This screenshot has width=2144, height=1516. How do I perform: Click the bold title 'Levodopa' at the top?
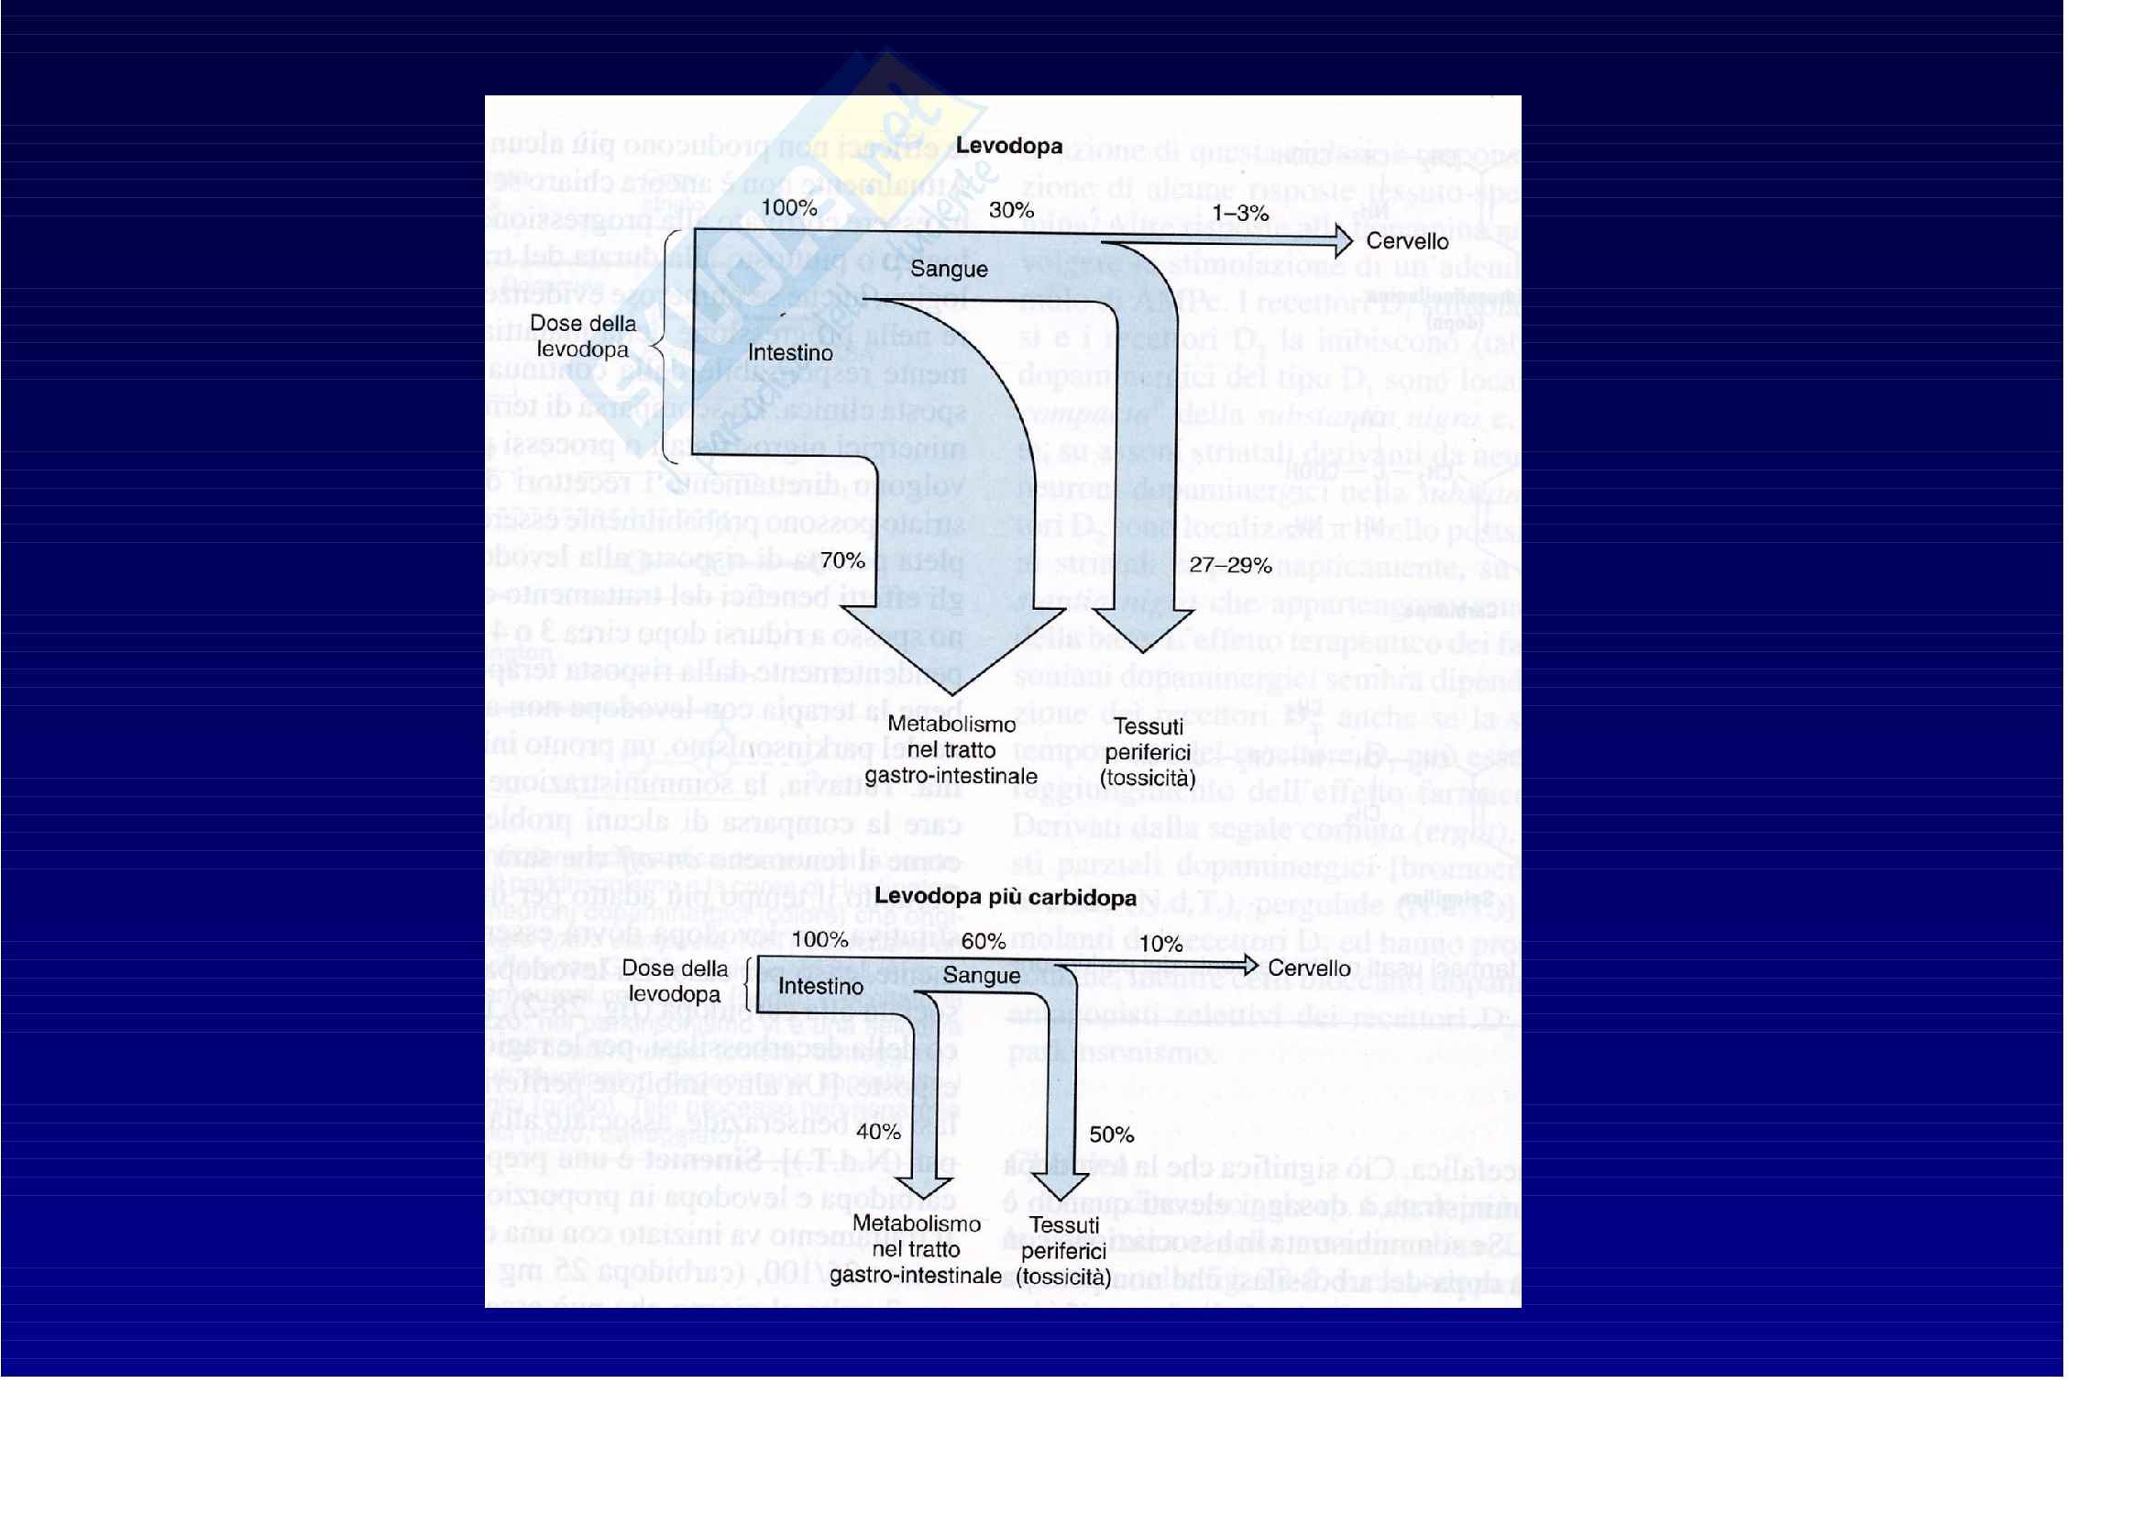click(x=1008, y=146)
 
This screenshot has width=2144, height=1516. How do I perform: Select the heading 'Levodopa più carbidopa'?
click(x=1005, y=897)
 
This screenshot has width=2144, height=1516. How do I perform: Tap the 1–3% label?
click(x=1240, y=214)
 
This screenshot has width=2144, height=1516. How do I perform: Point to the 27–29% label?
click(x=1230, y=565)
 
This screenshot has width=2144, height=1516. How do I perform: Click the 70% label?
click(x=842, y=560)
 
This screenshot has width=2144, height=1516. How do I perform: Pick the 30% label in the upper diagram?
click(x=1011, y=210)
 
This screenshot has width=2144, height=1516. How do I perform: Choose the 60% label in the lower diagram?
click(x=984, y=942)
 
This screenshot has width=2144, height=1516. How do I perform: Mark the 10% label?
click(x=1160, y=945)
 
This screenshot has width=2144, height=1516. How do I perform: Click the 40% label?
click(x=878, y=1132)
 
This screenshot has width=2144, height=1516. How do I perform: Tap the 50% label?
click(x=1111, y=1134)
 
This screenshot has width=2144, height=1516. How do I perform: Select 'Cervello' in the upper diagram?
click(x=1407, y=241)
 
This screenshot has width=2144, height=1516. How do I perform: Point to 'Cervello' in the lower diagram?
click(x=1308, y=968)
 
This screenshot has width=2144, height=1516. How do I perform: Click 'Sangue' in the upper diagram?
click(x=949, y=269)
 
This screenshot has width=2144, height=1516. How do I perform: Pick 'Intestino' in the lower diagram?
click(x=820, y=987)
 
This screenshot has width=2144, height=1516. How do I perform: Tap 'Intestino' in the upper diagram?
click(x=790, y=353)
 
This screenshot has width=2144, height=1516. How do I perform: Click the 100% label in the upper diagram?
click(x=789, y=207)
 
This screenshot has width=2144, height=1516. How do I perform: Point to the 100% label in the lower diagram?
click(x=819, y=940)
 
